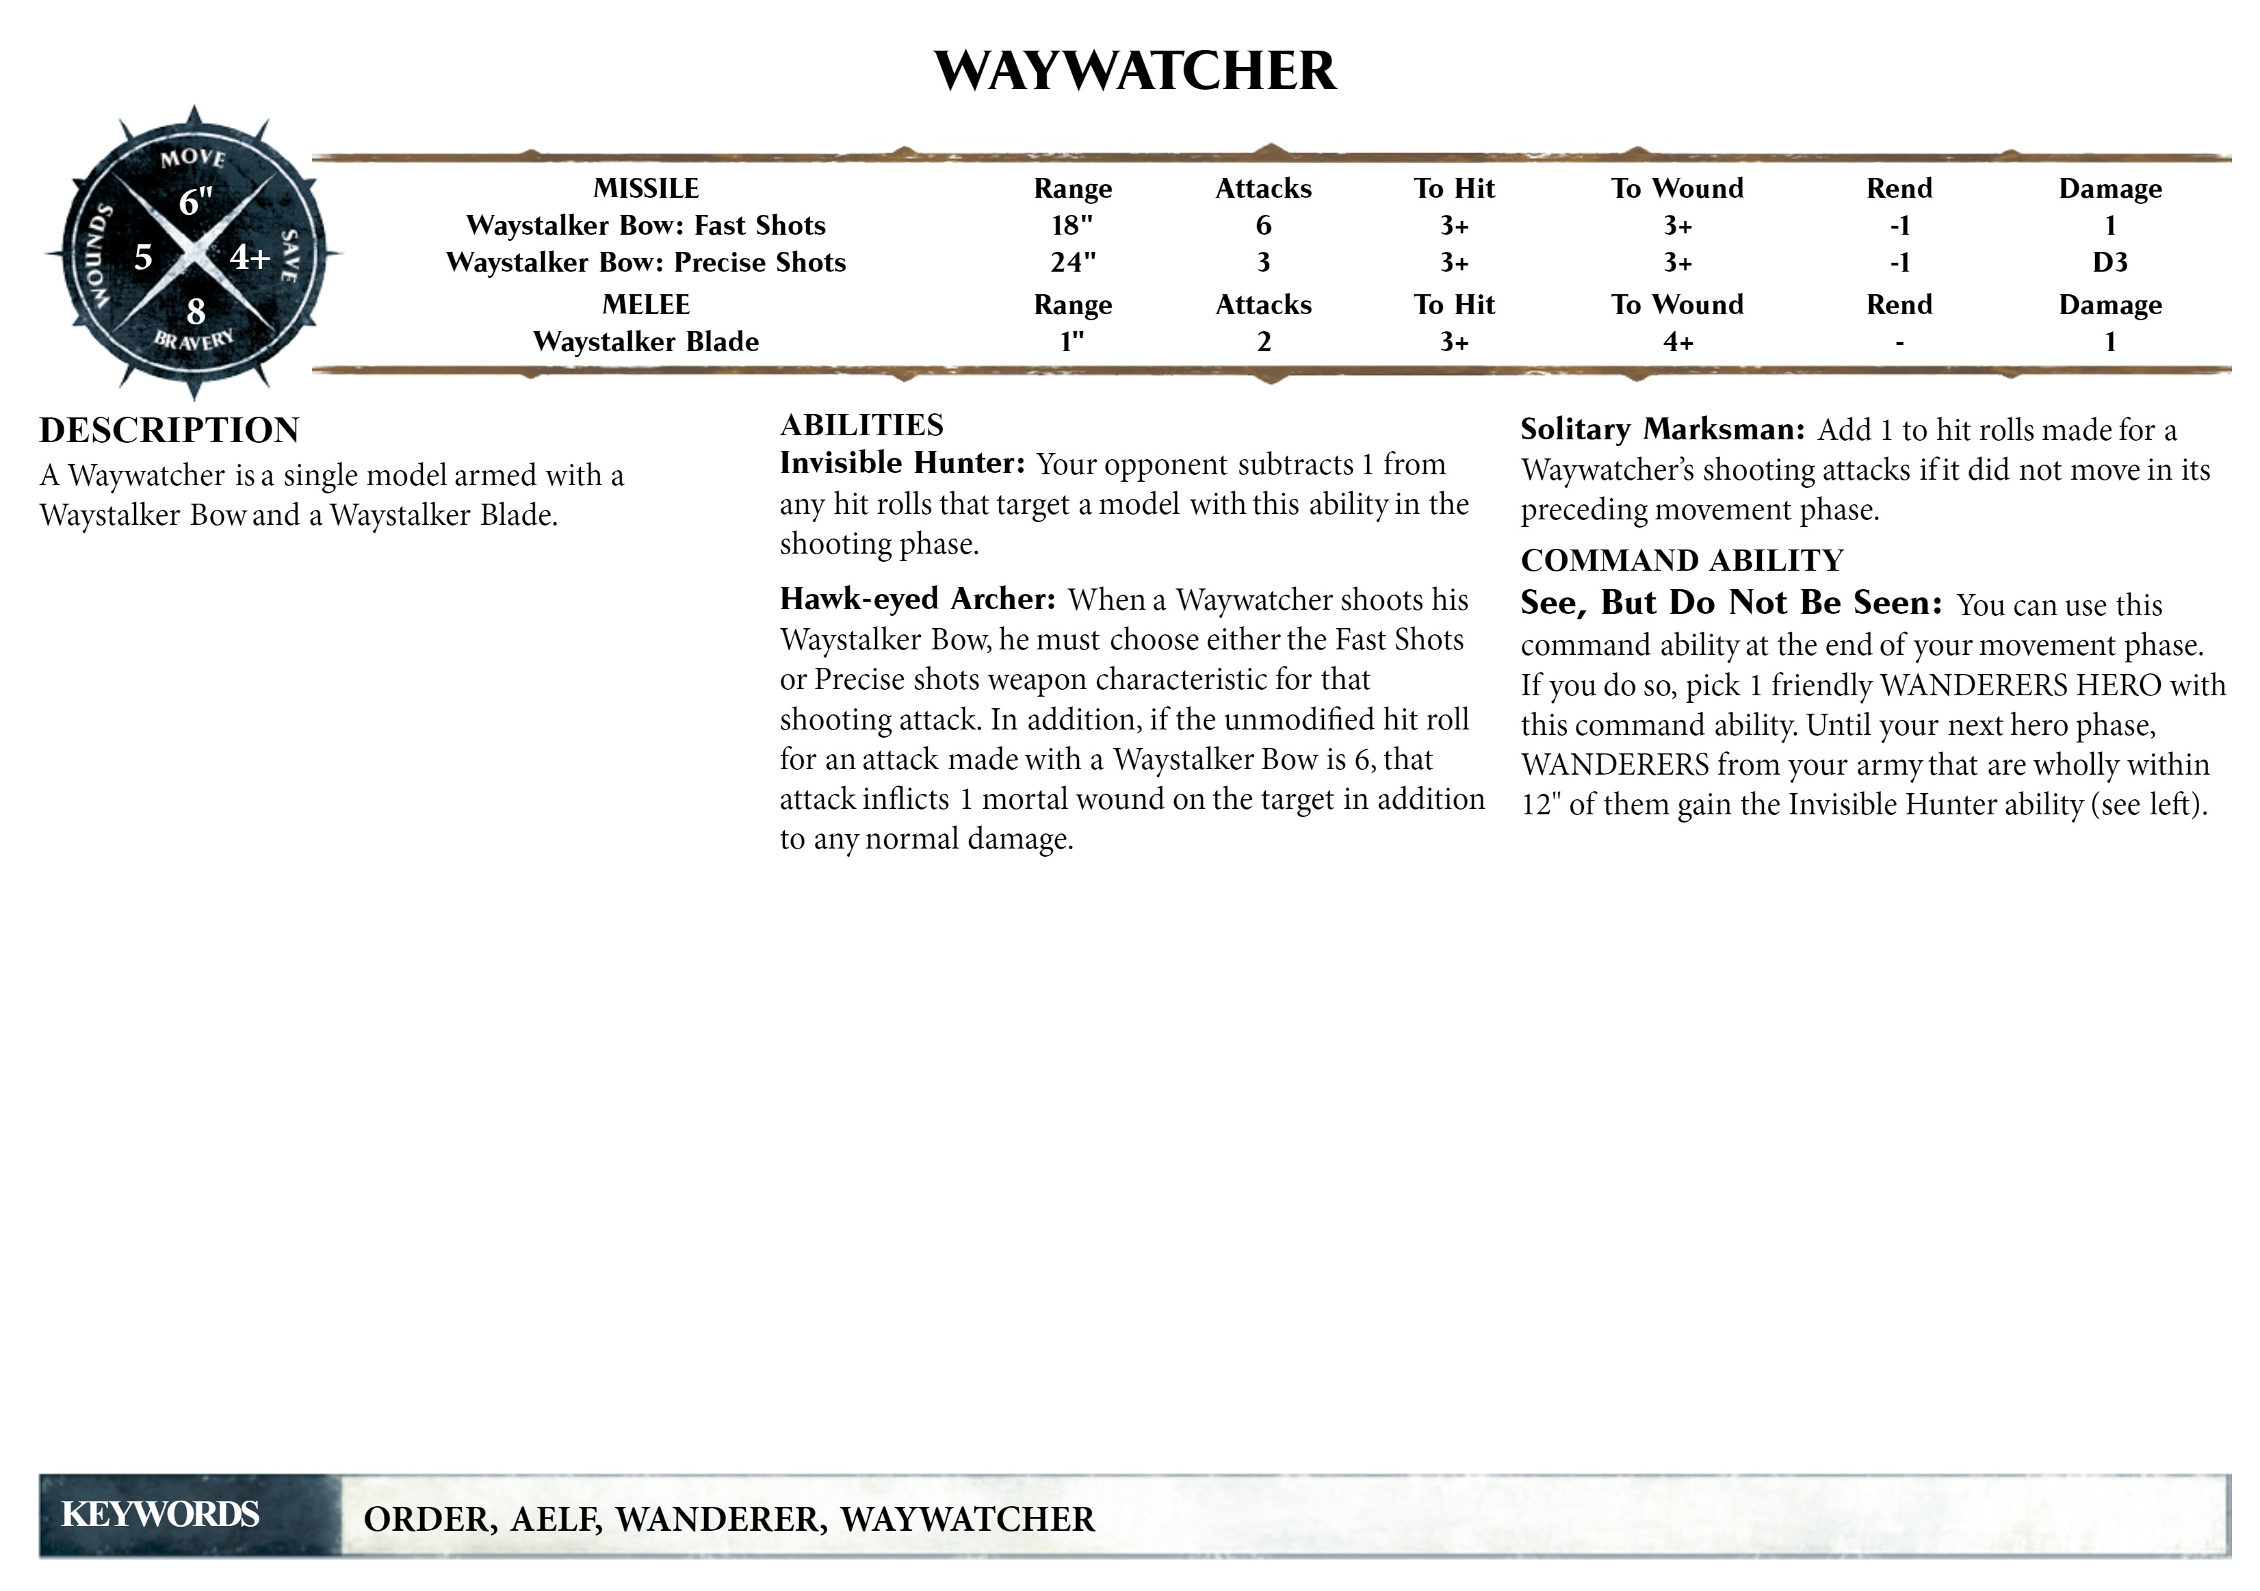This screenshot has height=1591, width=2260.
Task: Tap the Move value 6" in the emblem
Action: (195, 202)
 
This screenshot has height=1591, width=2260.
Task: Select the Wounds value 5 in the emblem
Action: (144, 257)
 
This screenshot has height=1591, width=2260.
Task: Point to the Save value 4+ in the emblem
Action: (250, 257)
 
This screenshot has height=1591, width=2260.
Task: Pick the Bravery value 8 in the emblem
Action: (196, 311)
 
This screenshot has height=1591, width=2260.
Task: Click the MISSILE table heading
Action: (646, 188)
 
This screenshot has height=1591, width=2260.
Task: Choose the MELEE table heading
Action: (646, 305)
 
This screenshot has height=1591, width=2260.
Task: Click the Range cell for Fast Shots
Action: (1072, 225)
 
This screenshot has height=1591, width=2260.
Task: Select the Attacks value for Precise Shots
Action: (1263, 263)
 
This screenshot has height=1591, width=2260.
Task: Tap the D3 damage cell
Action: (2109, 263)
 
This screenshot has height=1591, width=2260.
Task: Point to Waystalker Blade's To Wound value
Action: (1677, 341)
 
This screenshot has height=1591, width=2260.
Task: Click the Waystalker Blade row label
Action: (646, 341)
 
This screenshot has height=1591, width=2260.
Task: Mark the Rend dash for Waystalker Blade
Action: (1899, 343)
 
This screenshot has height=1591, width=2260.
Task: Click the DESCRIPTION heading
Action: (169, 430)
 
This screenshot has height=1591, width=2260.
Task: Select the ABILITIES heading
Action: (861, 426)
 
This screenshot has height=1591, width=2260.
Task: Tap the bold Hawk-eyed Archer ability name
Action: (918, 599)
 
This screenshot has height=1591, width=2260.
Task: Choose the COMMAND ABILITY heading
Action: (1681, 560)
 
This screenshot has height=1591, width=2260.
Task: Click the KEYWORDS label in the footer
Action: (160, 1514)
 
